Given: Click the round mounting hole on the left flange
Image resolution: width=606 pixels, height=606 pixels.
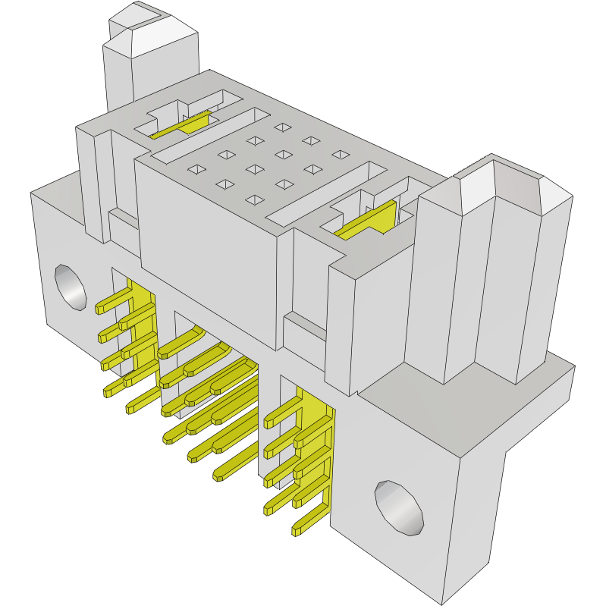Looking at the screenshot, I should coord(70,287).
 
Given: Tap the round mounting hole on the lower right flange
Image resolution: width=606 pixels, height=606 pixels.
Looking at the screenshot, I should coord(399,507).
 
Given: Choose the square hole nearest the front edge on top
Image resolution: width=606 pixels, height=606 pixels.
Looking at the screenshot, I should coord(255,199).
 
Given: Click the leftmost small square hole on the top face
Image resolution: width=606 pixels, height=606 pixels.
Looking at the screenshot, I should coord(196,169).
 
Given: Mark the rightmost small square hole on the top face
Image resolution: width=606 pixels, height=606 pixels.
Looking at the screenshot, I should coord(339,155).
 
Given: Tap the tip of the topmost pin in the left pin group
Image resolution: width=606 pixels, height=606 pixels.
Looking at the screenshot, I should coord(100,309).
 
